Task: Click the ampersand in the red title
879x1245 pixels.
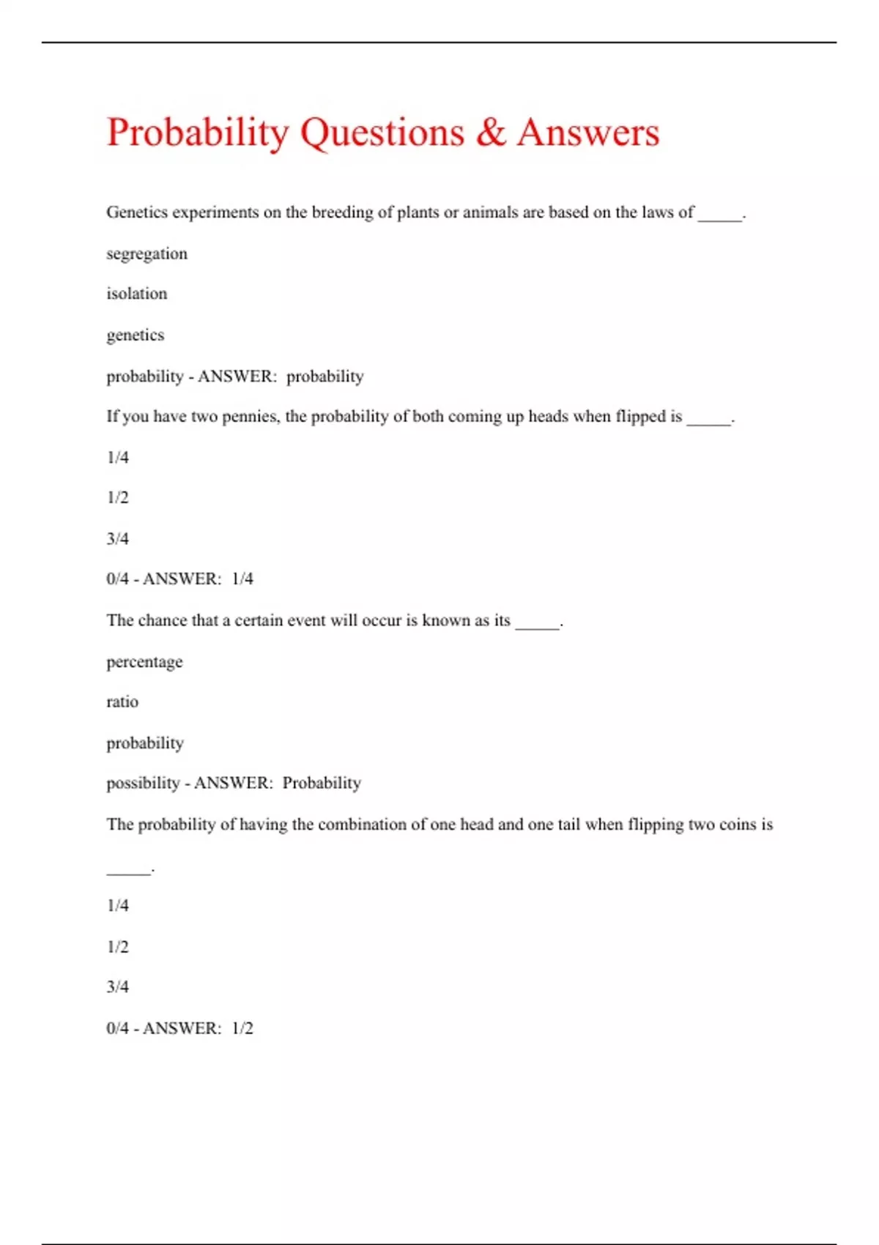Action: [491, 133]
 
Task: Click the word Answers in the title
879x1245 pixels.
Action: [588, 133]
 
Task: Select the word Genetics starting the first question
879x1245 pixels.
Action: [135, 212]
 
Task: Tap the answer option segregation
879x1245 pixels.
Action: [146, 254]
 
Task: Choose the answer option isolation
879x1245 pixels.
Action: [136, 294]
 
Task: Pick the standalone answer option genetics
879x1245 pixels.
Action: [135, 335]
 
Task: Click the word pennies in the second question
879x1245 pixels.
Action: [250, 417]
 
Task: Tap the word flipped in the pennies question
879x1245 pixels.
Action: [639, 417]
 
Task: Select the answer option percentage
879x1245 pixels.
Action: [144, 662]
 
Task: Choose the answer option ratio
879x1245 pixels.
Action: [122, 702]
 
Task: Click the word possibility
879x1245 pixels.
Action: [143, 784]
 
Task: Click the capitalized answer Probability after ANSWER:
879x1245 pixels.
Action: [322, 783]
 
